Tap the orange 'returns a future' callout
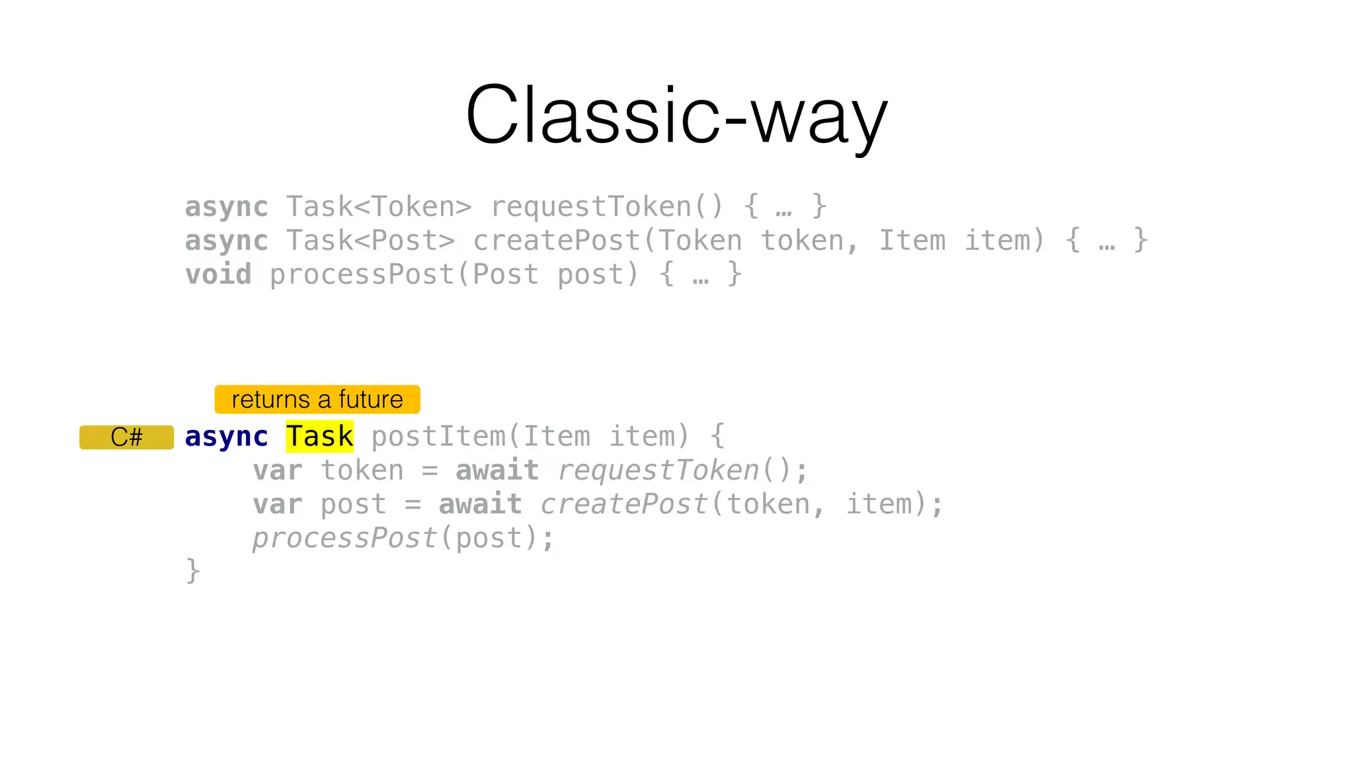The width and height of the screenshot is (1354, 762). [317, 400]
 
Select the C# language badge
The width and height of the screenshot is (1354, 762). [126, 437]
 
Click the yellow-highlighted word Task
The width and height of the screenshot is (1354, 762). [320, 437]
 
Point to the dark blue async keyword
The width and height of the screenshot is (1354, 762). [226, 437]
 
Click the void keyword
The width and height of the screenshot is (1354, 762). [218, 275]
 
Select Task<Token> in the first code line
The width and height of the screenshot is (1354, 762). [379, 207]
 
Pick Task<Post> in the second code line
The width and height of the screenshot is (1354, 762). [370, 241]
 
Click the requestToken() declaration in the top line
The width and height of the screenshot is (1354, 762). [607, 207]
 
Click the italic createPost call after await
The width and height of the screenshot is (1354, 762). [624, 504]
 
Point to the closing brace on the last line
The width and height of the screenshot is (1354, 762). [192, 571]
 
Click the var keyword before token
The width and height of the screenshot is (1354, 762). [278, 470]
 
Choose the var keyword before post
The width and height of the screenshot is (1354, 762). [278, 504]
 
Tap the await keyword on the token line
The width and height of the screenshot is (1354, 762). [497, 470]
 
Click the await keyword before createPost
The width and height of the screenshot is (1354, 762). [480, 504]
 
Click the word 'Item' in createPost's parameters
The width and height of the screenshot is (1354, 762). [912, 241]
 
